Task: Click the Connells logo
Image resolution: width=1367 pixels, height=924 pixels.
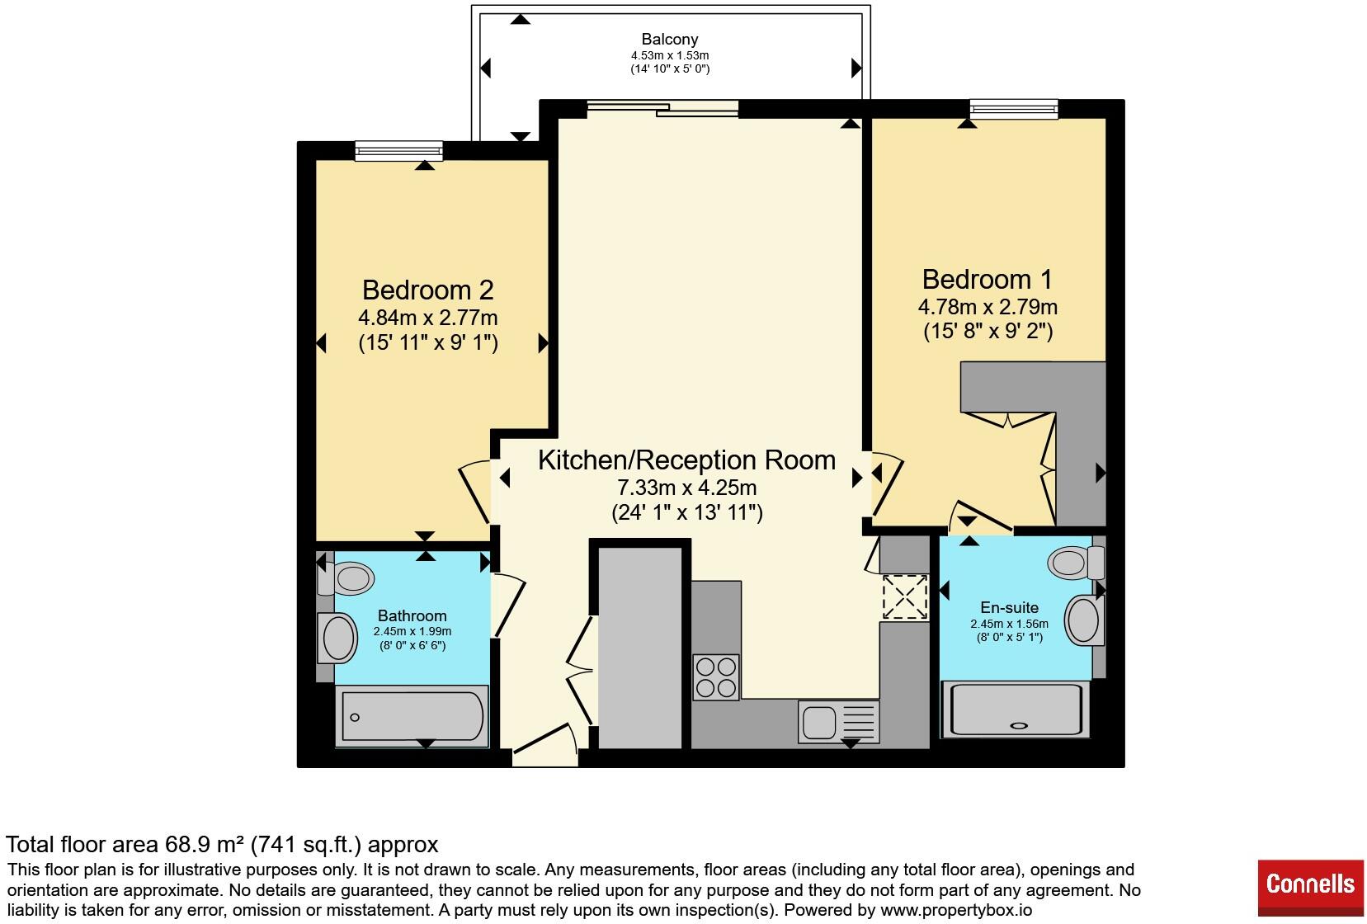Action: tap(1310, 888)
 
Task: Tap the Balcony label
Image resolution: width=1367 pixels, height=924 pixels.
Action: tap(669, 39)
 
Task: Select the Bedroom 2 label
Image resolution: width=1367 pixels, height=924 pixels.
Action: tap(428, 290)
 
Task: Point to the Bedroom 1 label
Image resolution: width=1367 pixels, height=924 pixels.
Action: tap(988, 280)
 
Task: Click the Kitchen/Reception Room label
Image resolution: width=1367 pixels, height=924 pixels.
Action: tap(686, 460)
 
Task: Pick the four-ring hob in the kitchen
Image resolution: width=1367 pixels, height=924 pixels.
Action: tap(716, 676)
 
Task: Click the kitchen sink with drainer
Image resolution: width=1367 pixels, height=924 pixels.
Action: tap(838, 722)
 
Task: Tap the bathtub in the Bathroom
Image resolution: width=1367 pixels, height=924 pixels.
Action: tap(412, 716)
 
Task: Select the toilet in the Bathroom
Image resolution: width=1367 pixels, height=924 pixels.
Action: tap(346, 578)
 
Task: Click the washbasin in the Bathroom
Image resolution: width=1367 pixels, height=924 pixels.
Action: tap(337, 638)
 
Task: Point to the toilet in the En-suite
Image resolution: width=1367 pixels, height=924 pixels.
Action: tap(1076, 562)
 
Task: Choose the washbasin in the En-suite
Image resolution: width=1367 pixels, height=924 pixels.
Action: tap(1085, 620)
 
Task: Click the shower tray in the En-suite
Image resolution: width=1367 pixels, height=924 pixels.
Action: tap(1016, 709)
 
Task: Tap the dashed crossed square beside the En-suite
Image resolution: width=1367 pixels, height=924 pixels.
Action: tap(905, 596)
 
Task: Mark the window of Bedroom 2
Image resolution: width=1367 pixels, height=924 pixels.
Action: tap(399, 151)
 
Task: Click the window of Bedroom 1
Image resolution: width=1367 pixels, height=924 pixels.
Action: tap(1014, 109)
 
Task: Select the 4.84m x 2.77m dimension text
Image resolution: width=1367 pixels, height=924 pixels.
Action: tap(428, 318)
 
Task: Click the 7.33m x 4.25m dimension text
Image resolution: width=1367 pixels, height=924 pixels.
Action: tap(686, 488)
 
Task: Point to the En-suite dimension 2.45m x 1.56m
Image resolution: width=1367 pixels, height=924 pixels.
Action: tap(1010, 624)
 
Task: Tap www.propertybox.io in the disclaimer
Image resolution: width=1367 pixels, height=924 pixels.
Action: tap(956, 910)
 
